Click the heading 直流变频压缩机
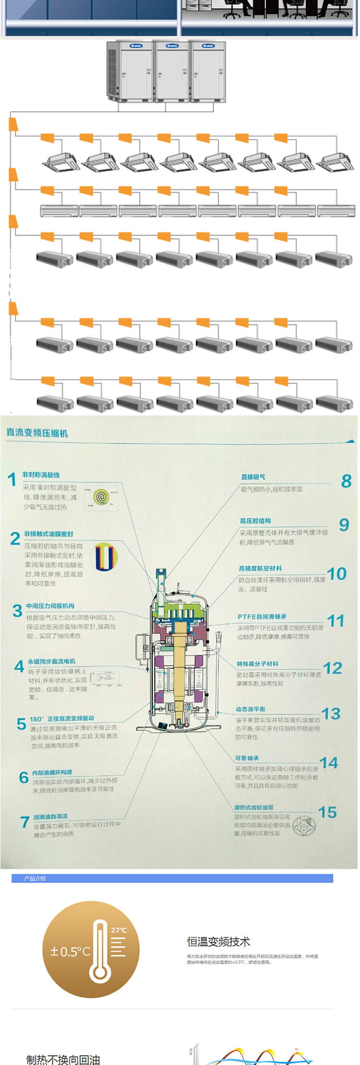coord(37,433)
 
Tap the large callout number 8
coord(346,481)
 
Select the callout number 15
coord(327,812)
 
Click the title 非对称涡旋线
coord(41,475)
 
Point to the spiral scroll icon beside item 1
coord(101,497)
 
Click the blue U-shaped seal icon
coord(106,557)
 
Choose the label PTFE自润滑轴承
coord(262,617)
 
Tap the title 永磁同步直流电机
coord(51,661)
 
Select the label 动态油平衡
coord(250,709)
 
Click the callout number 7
coord(25,822)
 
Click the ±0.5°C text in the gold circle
coord(70,951)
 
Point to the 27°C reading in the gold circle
coord(119,930)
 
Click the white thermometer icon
coord(100,950)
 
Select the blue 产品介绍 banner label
coord(35,878)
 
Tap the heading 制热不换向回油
coord(63,1060)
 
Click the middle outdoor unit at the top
coord(171,71)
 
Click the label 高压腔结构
coord(255,520)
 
